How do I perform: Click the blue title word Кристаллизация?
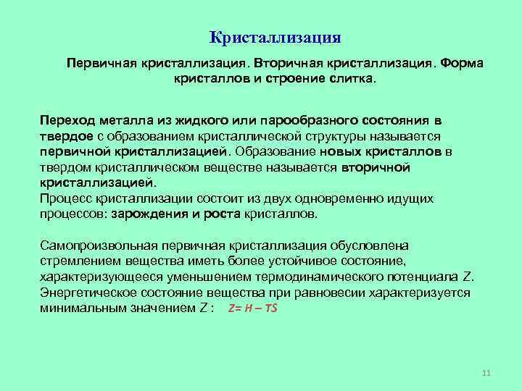tap(275, 36)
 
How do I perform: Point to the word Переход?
tap(67, 119)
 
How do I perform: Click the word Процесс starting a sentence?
tap(67, 198)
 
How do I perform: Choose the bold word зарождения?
tap(141, 214)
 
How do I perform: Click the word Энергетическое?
tap(89, 293)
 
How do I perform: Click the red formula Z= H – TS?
tap(252, 308)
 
